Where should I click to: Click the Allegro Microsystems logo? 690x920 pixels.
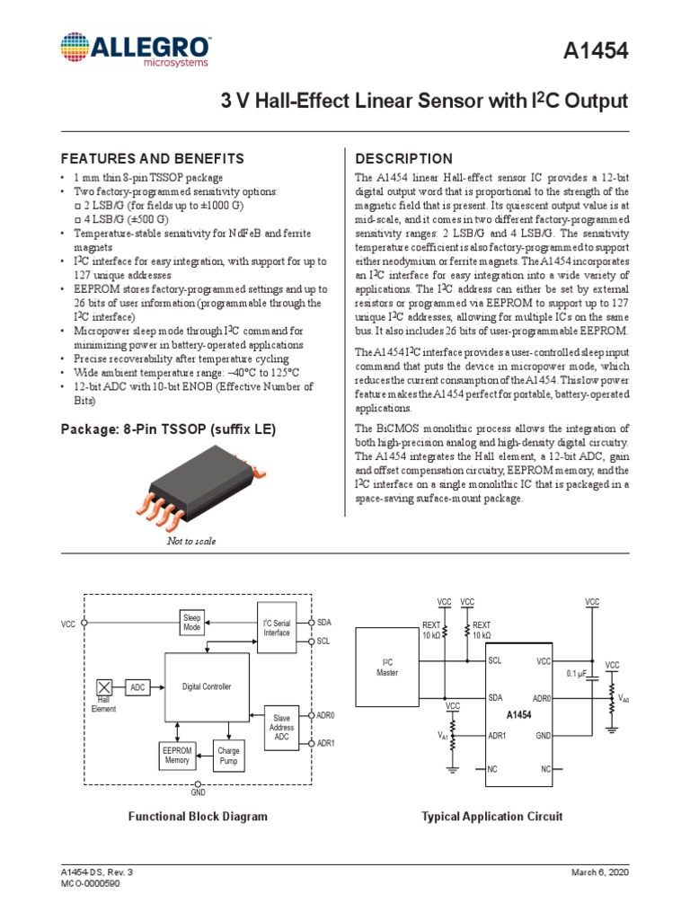pyautogui.click(x=136, y=50)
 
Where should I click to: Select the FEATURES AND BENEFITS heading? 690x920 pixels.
pyautogui.click(x=152, y=158)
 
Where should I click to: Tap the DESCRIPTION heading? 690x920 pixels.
pyautogui.click(x=404, y=158)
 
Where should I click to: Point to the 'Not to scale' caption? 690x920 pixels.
pyautogui.click(x=192, y=541)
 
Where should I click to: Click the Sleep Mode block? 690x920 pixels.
pyautogui.click(x=192, y=623)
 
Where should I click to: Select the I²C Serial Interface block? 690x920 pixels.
pyautogui.click(x=277, y=627)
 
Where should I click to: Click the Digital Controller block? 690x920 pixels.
pyautogui.click(x=207, y=686)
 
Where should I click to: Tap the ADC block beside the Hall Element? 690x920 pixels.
pyautogui.click(x=137, y=686)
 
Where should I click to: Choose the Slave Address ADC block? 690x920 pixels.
pyautogui.click(x=282, y=729)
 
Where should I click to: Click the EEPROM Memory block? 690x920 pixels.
pyautogui.click(x=177, y=755)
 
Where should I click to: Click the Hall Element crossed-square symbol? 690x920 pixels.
pyautogui.click(x=103, y=686)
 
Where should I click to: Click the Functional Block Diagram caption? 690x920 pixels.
pyautogui.click(x=198, y=817)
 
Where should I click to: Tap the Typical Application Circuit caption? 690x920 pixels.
pyautogui.click(x=492, y=817)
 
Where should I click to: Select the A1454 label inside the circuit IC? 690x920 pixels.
pyautogui.click(x=519, y=715)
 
